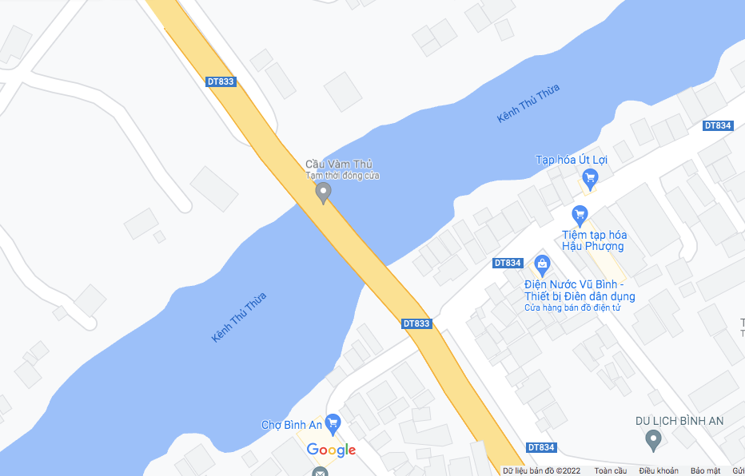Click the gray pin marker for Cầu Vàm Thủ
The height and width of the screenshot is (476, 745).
[x=323, y=192]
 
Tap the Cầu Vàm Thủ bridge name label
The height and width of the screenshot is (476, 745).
[x=339, y=165]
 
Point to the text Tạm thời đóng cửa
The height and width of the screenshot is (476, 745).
[x=342, y=175]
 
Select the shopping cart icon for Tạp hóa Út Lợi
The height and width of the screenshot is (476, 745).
[x=590, y=177]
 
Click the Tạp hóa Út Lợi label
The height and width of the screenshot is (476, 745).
[x=571, y=160]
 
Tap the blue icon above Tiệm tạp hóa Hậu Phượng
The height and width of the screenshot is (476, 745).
[x=580, y=215]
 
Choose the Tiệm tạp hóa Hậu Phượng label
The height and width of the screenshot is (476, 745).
[x=594, y=240]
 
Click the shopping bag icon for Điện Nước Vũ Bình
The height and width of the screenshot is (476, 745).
[x=542, y=264]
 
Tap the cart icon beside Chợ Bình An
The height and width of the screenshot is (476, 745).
[x=333, y=423]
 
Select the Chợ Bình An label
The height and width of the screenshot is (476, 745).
[x=291, y=425]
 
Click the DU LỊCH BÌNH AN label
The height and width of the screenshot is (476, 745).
[x=679, y=421]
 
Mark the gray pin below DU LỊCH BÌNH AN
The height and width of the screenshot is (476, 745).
[x=654, y=438]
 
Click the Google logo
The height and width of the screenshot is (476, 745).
[x=331, y=450]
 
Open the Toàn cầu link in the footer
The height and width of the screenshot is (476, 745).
[x=610, y=470]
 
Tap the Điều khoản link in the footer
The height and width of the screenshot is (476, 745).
[x=658, y=470]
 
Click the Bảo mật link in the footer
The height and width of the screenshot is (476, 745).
[x=705, y=470]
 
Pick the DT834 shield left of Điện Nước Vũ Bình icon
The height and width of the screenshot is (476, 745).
[x=508, y=263]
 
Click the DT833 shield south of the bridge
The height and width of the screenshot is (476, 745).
[x=416, y=323]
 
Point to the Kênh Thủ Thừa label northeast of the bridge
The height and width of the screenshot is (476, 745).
[x=528, y=103]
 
